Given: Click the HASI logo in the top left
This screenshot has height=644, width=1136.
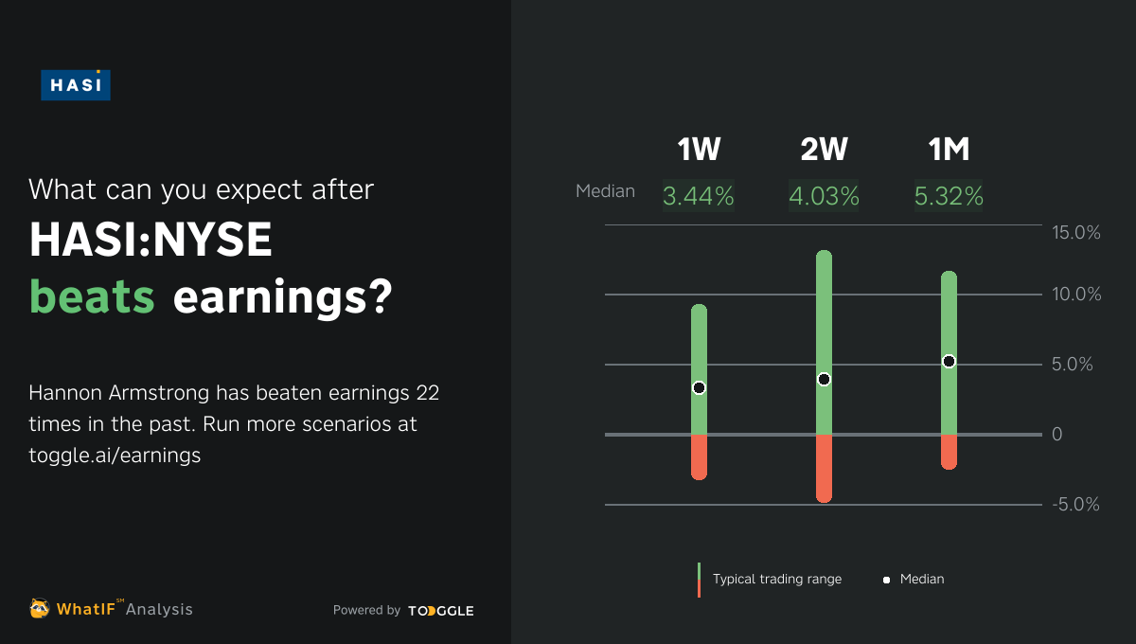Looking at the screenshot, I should [x=76, y=84].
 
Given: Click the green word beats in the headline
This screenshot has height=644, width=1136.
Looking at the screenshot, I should [x=92, y=297].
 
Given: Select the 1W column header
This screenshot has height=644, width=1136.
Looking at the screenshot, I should [x=699, y=150].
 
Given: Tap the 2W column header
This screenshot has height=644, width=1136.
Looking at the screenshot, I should [x=824, y=150].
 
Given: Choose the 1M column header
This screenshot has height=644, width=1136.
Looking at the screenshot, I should [x=949, y=150].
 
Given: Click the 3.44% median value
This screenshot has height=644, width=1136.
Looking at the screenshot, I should [x=699, y=197].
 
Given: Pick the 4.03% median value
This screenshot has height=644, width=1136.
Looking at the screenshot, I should [x=824, y=197].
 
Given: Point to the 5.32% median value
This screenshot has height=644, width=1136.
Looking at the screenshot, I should [x=949, y=197].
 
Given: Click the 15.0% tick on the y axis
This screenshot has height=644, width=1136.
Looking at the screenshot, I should [x=1076, y=232].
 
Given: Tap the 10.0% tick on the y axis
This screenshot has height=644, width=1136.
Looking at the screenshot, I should [x=1076, y=295].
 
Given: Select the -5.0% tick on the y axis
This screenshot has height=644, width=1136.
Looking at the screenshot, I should [x=1075, y=505].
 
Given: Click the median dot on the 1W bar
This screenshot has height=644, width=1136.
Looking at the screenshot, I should [x=699, y=387].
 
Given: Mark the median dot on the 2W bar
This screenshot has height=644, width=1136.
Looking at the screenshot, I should [x=824, y=379].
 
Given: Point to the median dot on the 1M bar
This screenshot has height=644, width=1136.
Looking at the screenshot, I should [x=949, y=361].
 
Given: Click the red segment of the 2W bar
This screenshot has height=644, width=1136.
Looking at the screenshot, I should [x=824, y=468].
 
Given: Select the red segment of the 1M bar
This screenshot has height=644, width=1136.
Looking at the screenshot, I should [x=949, y=452].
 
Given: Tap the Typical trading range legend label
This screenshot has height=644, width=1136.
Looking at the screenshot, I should [x=776, y=579].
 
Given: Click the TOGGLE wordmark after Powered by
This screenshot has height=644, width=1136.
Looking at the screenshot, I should [x=441, y=611].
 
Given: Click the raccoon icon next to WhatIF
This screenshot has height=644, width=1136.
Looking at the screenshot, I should [x=40, y=609].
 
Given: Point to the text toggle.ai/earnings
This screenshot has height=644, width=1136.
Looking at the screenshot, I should [x=115, y=455].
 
